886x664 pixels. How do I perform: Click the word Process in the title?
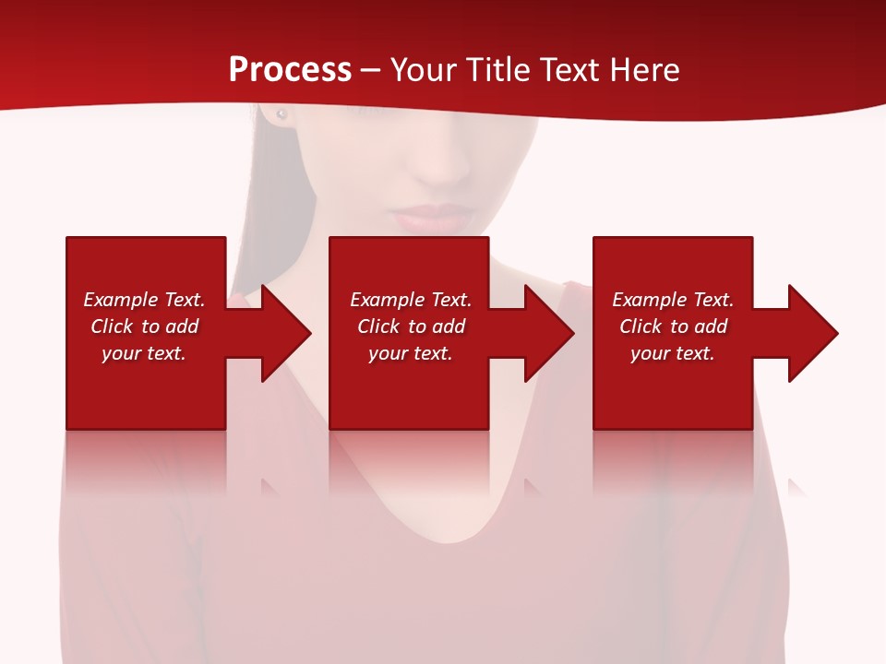click(x=290, y=70)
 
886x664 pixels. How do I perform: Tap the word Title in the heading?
click(x=495, y=70)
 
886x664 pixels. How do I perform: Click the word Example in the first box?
click(x=121, y=300)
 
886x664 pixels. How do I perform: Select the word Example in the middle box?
click(x=388, y=300)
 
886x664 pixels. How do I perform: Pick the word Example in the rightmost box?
click(x=650, y=300)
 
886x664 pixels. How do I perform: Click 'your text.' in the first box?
click(x=144, y=353)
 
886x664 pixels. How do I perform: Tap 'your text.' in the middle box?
click(x=411, y=353)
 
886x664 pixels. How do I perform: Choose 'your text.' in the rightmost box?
click(x=673, y=353)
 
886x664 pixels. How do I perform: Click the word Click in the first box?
click(x=112, y=326)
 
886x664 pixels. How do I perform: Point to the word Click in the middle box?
click(x=378, y=326)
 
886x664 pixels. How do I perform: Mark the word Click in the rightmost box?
click(x=641, y=326)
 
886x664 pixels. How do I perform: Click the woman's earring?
click(x=281, y=114)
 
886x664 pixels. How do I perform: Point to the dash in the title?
click(x=370, y=71)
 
